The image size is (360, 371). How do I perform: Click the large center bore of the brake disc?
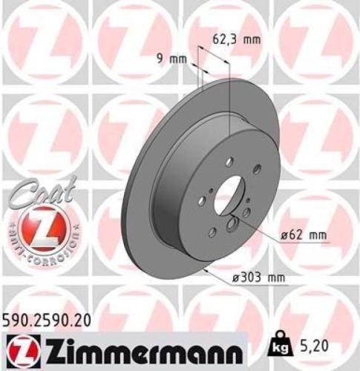pos(229,191)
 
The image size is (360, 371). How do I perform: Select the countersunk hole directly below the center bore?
pos(235,226)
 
